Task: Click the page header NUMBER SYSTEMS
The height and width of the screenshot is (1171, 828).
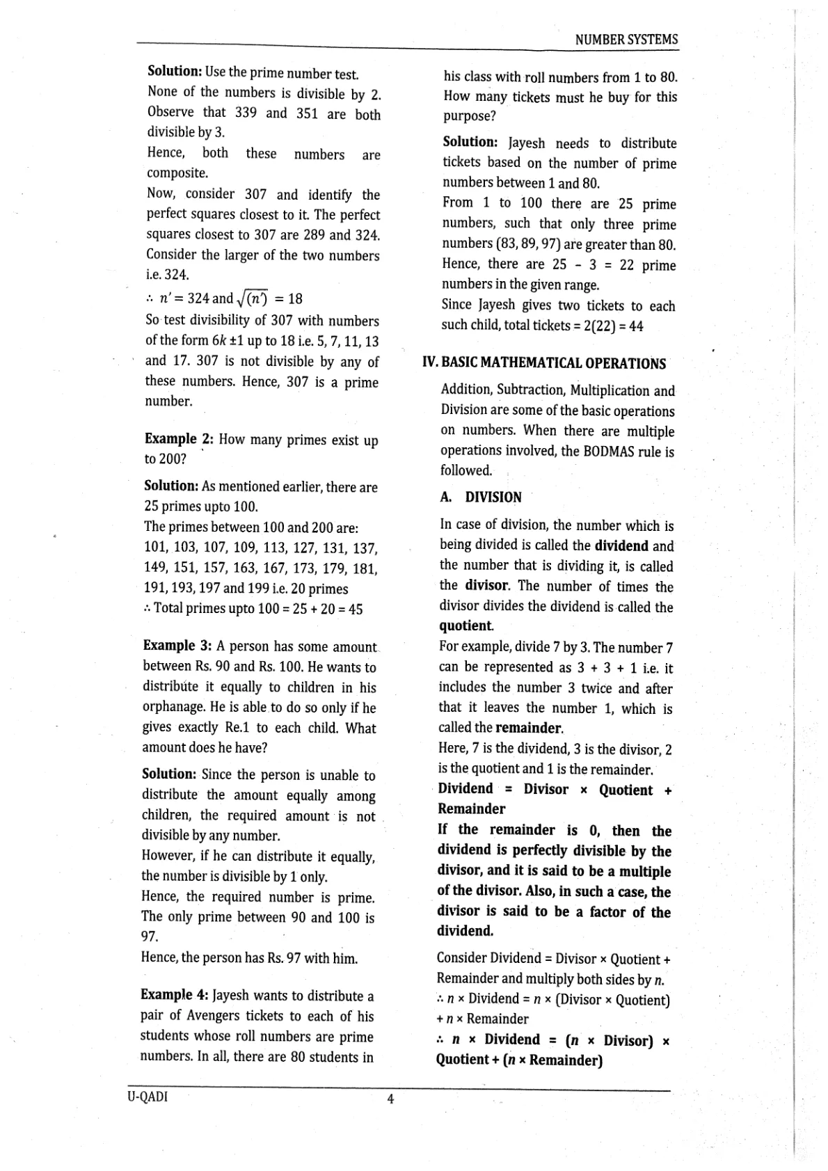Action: (626, 40)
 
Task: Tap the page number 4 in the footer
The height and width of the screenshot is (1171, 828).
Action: (390, 1099)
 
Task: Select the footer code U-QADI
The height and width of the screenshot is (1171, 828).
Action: (148, 1097)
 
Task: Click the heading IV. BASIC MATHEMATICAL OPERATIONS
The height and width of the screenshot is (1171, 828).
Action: (544, 363)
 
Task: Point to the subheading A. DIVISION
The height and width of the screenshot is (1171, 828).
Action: (481, 497)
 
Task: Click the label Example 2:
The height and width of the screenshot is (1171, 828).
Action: (179, 439)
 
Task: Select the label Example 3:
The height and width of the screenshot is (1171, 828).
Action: (177, 646)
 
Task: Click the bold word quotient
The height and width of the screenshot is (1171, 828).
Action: (466, 626)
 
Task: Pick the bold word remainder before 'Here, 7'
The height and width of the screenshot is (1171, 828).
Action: (528, 728)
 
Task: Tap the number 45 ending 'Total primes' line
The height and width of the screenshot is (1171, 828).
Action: (355, 609)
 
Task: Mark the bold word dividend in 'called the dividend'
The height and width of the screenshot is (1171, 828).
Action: (621, 546)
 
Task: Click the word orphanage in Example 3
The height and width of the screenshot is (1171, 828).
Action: (174, 708)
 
